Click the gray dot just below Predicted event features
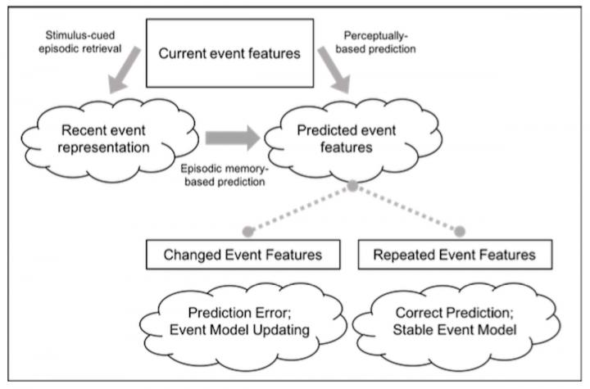pos(352,187)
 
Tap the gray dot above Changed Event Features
pos(246,230)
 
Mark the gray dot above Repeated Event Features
pos(460,230)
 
